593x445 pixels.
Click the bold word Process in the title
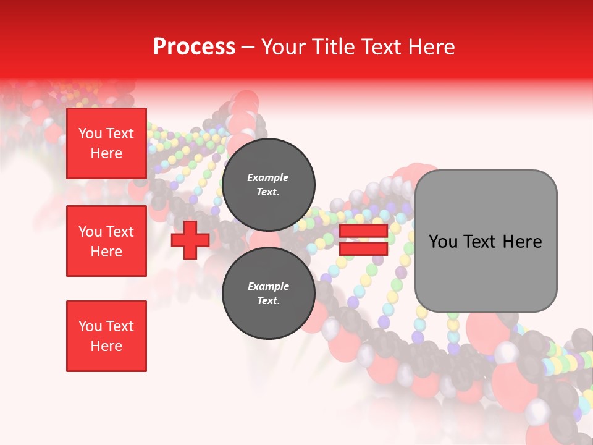point(194,47)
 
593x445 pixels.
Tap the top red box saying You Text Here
point(106,143)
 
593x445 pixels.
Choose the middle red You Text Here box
point(106,241)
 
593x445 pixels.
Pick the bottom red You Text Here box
point(106,336)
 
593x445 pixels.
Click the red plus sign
point(190,240)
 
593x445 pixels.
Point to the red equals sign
point(363,240)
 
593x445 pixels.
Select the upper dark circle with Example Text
point(269,184)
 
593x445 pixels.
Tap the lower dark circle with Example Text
point(269,293)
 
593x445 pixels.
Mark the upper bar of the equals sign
point(363,231)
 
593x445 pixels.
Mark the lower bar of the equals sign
point(363,248)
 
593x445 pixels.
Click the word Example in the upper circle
point(267,177)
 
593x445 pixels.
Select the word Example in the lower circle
point(268,286)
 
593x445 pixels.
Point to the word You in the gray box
point(443,242)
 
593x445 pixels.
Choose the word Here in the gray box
point(523,242)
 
